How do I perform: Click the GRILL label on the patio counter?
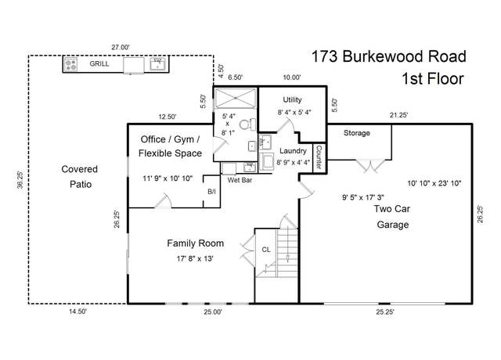pos(99,63)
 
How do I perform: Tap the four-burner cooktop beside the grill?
pos(70,65)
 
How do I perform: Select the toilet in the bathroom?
pos(247,124)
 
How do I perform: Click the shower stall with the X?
pos(236,98)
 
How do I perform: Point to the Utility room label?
pos(292,99)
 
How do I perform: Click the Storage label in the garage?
pos(357,133)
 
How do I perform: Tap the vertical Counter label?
pos(319,157)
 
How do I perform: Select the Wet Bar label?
pos(240,180)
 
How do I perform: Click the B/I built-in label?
pos(211,192)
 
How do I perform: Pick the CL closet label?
pos(266,250)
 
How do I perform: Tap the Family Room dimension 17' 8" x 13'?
pos(195,258)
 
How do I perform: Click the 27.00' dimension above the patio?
pos(121,47)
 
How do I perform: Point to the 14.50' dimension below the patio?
pos(78,311)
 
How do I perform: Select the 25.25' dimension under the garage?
pos(385,311)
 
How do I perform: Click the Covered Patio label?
pos(80,177)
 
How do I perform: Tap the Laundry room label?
pos(293,151)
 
